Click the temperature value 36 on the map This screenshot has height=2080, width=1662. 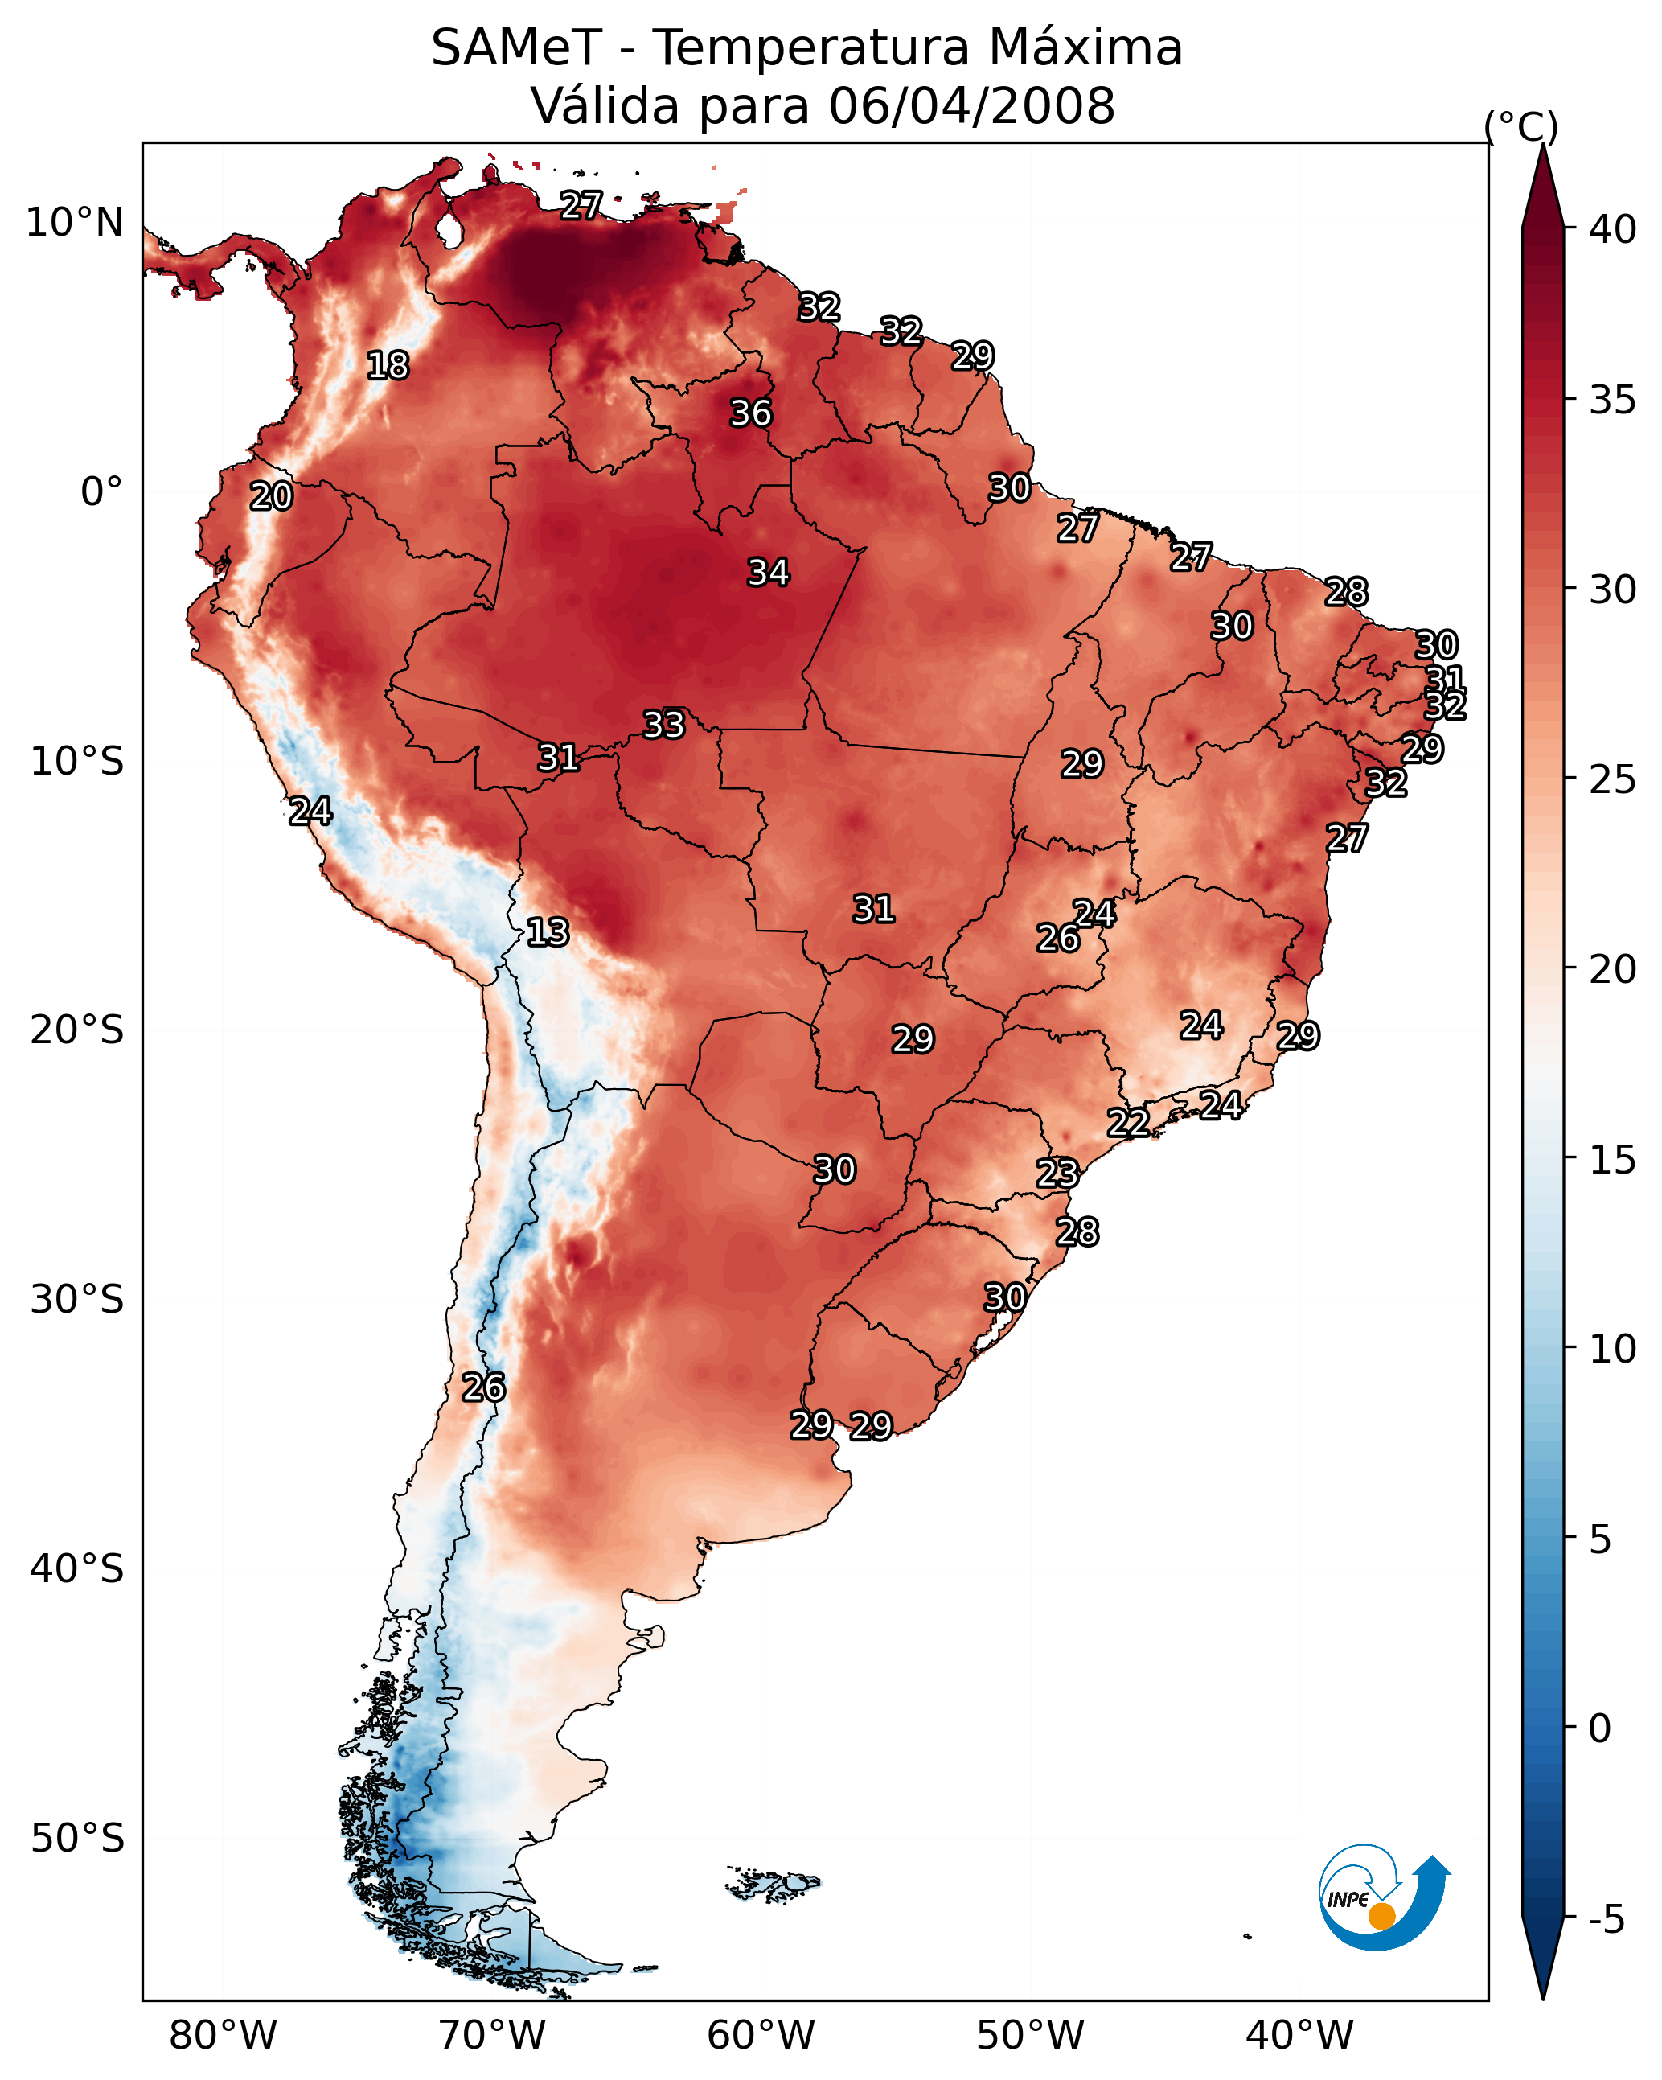750,413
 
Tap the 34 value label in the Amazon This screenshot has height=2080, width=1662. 769,572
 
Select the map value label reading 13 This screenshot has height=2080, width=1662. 548,932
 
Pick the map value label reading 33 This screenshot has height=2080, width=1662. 663,724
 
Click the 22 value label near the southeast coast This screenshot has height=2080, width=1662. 1127,1122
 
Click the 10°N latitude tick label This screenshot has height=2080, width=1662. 74,223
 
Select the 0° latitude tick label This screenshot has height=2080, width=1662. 102,492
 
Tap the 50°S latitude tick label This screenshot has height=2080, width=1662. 77,1839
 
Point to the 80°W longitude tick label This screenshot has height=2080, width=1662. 223,2035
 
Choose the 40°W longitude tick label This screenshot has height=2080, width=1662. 1299,2035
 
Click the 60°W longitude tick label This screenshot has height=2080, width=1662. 761,2035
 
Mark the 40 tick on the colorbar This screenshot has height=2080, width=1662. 1612,229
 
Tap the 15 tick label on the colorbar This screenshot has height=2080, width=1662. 1612,1160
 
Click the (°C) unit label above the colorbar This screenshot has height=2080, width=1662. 1521,126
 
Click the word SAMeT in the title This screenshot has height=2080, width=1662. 516,48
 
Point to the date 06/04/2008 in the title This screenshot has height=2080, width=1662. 972,106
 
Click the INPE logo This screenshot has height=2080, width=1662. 1385,1897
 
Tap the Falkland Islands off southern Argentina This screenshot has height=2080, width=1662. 773,1882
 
